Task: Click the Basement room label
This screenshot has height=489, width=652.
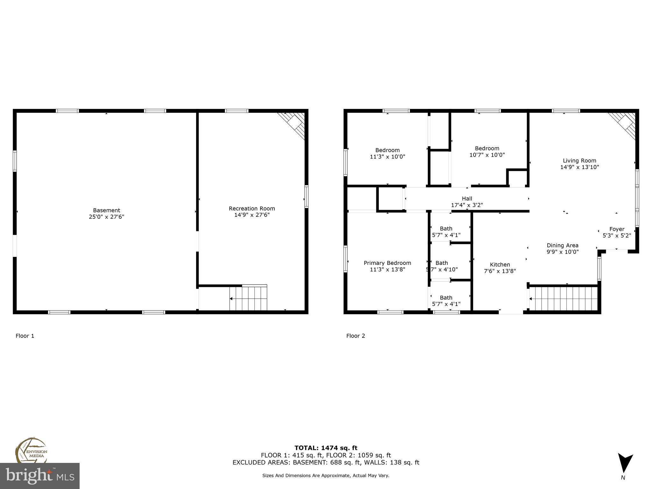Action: pyautogui.click(x=106, y=210)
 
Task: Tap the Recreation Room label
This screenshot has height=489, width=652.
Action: pyautogui.click(x=252, y=209)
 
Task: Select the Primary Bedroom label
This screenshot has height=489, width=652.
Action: pyautogui.click(x=387, y=263)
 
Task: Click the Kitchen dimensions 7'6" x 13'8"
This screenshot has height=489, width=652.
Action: pyautogui.click(x=500, y=271)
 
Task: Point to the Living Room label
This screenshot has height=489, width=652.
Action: pyautogui.click(x=579, y=161)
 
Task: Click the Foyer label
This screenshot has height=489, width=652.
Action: pyautogui.click(x=617, y=229)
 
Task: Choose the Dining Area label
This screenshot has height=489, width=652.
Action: pyautogui.click(x=563, y=245)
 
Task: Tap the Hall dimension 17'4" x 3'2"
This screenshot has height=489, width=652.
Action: pyautogui.click(x=467, y=205)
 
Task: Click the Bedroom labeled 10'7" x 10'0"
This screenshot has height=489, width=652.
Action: pyautogui.click(x=487, y=152)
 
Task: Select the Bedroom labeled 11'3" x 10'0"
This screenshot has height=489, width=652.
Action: pyautogui.click(x=387, y=153)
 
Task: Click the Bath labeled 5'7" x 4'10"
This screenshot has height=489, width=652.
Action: pyautogui.click(x=442, y=266)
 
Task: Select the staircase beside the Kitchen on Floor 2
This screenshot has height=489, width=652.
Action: pyautogui.click(x=563, y=298)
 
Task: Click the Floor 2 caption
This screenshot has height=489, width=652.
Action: pyautogui.click(x=356, y=336)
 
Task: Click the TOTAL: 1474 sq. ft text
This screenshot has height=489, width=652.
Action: pyautogui.click(x=326, y=448)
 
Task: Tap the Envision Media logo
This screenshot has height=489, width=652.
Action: pyautogui.click(x=31, y=450)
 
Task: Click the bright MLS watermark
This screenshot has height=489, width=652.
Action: pyautogui.click(x=39, y=476)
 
